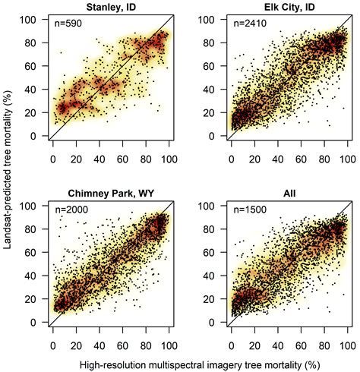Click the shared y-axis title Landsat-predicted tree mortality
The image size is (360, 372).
pos(10,171)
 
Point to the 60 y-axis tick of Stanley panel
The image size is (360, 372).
pos(34,65)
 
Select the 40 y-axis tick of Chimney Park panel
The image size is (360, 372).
pos(34,276)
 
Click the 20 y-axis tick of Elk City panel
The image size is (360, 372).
pos(214,112)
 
